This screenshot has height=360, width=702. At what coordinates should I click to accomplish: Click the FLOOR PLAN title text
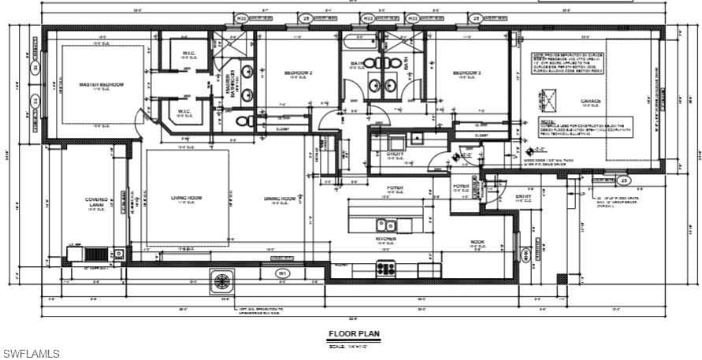[x=353, y=334]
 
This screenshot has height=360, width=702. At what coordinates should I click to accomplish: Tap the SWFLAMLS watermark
[x=31, y=354]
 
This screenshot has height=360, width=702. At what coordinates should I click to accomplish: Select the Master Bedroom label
[x=102, y=84]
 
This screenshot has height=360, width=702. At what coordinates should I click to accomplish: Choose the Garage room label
[x=591, y=101]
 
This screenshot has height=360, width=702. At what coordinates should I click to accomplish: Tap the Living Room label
[x=187, y=198]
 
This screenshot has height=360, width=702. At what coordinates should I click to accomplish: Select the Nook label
[x=477, y=242]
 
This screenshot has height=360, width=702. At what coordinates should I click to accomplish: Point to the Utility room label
[x=396, y=154]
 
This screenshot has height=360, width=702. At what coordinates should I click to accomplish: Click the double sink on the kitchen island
[x=386, y=224]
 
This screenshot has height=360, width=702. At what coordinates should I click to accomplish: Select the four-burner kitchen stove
[x=386, y=268]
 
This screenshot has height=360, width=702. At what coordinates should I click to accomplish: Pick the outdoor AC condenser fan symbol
[x=224, y=281]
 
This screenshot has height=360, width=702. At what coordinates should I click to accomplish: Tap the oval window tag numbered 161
[x=281, y=273]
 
